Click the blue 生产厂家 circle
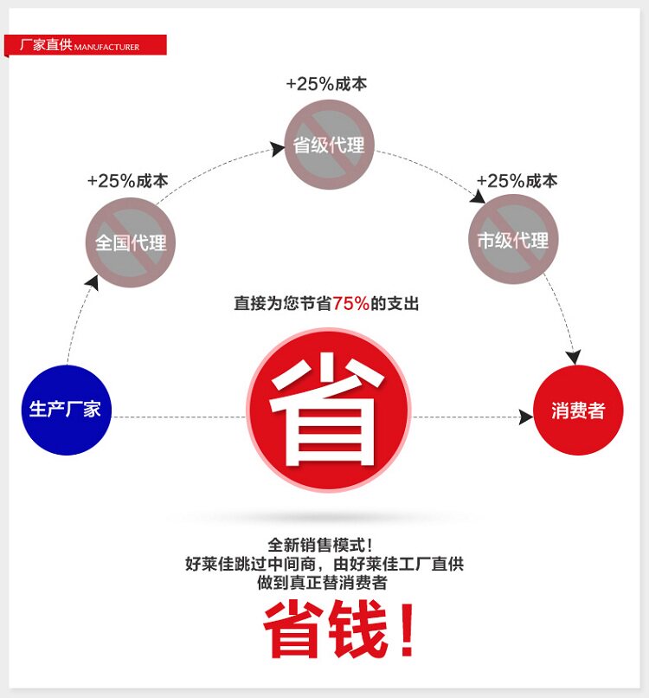(67, 409)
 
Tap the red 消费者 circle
(578, 410)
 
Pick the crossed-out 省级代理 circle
(328, 145)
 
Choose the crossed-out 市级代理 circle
(513, 240)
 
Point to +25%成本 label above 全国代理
(127, 181)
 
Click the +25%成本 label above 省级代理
(326, 84)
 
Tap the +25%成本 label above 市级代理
(517, 181)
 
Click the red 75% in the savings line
(350, 303)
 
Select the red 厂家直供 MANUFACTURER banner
(85, 45)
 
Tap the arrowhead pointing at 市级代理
(477, 197)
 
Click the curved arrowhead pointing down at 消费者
(573, 357)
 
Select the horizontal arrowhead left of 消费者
(525, 417)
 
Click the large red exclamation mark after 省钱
(406, 631)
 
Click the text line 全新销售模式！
(321, 545)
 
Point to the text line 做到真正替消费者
(321, 583)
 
